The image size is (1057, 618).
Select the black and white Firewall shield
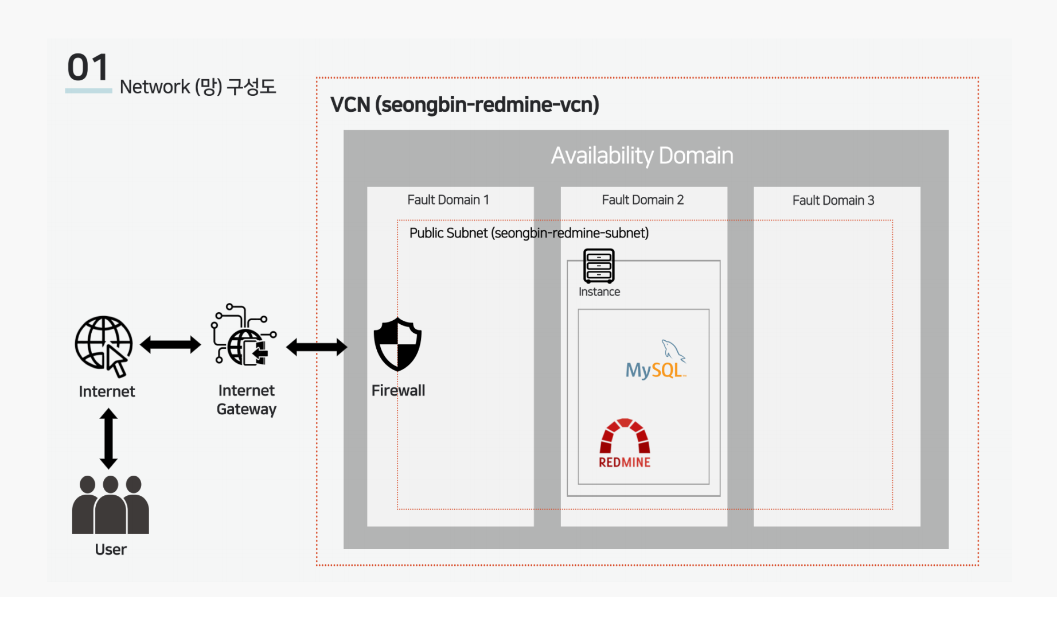coord(397,344)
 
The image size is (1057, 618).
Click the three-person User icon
coord(110,505)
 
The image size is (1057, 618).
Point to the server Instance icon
coord(599,266)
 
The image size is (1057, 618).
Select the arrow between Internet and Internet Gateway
coord(170,345)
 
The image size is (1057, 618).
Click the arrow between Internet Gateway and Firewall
coord(317,347)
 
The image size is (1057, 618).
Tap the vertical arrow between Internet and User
coord(108,438)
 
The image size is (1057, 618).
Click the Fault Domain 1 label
coord(448,200)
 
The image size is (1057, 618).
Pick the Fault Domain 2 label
coord(642,200)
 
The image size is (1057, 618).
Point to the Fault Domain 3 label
coord(833,200)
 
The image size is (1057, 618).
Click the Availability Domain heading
coord(642,156)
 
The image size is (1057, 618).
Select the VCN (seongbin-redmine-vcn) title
coord(465,105)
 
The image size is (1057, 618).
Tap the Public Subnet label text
coord(529,233)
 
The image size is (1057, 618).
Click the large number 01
coord(88,68)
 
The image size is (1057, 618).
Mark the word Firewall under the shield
coord(398,391)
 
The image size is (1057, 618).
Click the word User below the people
coord(111,550)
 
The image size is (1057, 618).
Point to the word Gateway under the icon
coord(247,409)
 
